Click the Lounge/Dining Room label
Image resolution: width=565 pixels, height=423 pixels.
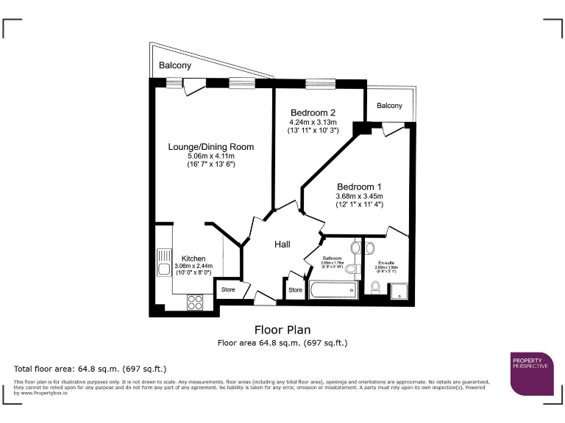click(210, 147)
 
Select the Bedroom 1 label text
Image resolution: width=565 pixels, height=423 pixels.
click(360, 187)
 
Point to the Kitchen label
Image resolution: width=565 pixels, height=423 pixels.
click(193, 258)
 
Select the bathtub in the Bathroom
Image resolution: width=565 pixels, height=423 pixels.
click(333, 291)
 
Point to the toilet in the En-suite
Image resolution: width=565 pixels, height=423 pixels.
click(375, 288)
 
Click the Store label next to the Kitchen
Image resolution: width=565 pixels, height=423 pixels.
click(229, 289)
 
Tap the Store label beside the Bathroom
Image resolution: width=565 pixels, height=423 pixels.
click(295, 290)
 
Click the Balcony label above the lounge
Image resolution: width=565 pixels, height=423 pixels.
click(175, 66)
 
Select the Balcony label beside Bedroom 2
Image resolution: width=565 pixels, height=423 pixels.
click(389, 106)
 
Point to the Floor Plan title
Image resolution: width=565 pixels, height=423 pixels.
click(282, 329)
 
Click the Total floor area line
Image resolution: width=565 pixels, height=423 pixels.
click(90, 368)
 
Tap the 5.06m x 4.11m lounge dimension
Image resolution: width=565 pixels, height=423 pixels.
click(210, 156)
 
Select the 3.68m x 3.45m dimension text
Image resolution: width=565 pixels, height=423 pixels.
click(360, 196)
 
